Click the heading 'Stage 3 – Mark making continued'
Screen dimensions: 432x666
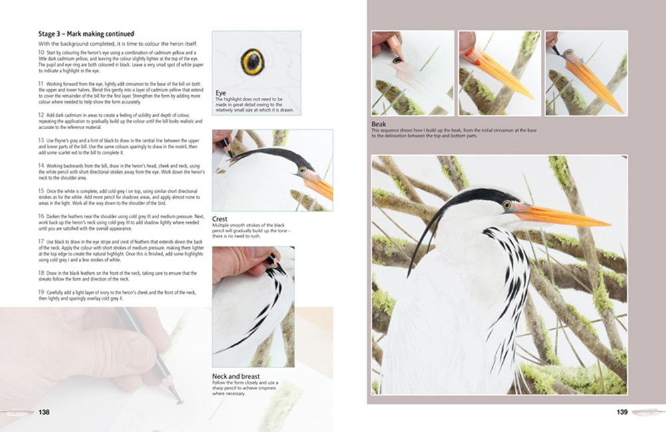click(86, 34)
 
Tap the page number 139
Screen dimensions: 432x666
click(622, 412)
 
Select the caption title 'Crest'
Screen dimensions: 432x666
click(220, 218)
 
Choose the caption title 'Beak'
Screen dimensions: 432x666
click(380, 124)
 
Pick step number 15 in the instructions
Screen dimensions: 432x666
click(41, 191)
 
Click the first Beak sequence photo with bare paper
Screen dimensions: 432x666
click(412, 73)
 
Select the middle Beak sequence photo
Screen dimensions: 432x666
click(499, 73)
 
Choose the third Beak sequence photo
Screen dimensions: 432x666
click(586, 73)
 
